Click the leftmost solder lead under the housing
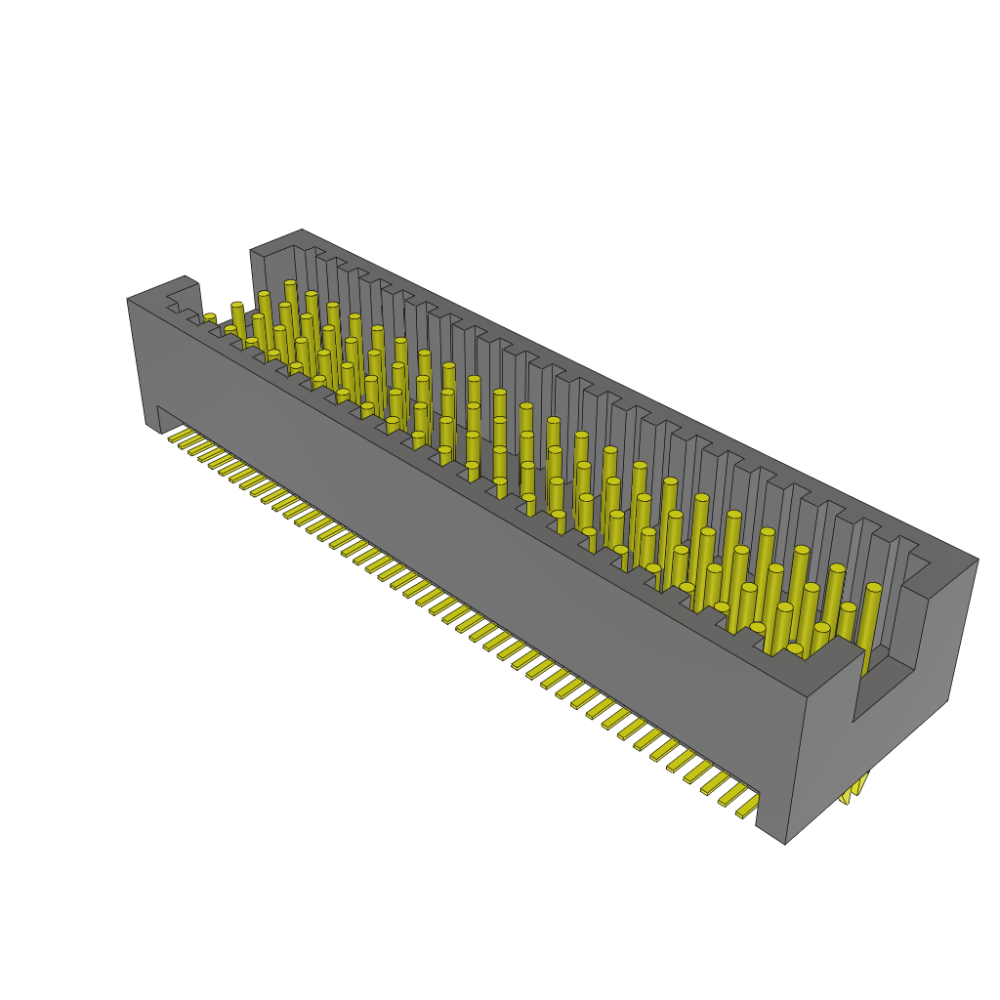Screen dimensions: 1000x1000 point(177,437)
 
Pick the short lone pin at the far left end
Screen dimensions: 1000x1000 point(210,319)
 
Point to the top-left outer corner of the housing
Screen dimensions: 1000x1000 point(128,299)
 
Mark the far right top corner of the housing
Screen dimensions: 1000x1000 point(977,560)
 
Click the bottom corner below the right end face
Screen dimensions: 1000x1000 point(785,843)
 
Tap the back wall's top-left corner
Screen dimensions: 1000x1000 point(251,251)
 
